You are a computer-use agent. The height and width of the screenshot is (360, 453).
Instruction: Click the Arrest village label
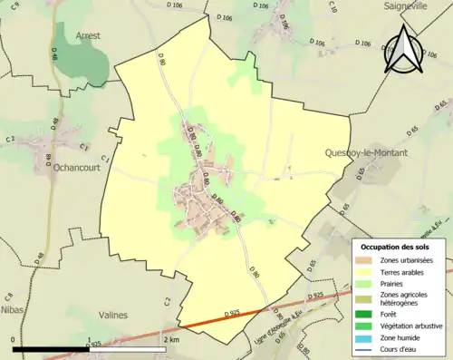click(x=88, y=35)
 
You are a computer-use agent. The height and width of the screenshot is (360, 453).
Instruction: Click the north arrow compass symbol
click(x=404, y=50)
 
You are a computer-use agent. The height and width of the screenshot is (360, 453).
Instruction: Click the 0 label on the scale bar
click(x=14, y=339)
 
